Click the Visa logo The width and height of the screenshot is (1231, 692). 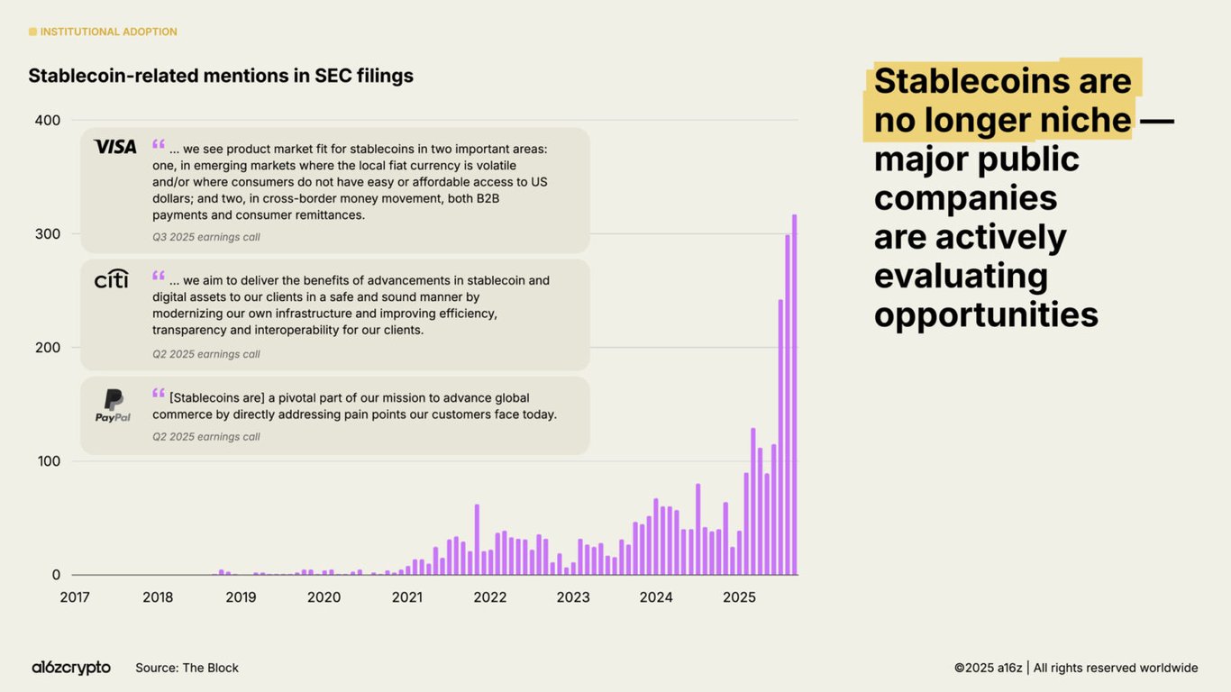point(114,146)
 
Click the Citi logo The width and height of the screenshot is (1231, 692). point(112,278)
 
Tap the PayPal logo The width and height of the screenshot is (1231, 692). point(114,405)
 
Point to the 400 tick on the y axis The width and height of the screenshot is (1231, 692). point(48,120)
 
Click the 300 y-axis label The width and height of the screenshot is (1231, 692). point(48,233)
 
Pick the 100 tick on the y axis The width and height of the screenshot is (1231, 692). point(48,460)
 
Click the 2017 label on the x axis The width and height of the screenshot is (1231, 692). point(75,597)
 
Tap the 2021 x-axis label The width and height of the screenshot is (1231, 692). point(406,597)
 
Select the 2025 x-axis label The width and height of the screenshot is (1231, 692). point(739,597)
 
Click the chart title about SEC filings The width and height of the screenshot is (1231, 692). point(221,76)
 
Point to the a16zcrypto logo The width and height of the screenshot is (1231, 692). point(71,668)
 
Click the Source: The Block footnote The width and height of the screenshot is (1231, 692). point(187,668)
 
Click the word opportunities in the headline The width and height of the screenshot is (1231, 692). point(986,314)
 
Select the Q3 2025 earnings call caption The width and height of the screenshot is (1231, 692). point(205,237)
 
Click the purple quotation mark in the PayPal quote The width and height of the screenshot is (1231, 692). point(159,394)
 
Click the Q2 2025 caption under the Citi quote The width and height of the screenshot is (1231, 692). point(205,354)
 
